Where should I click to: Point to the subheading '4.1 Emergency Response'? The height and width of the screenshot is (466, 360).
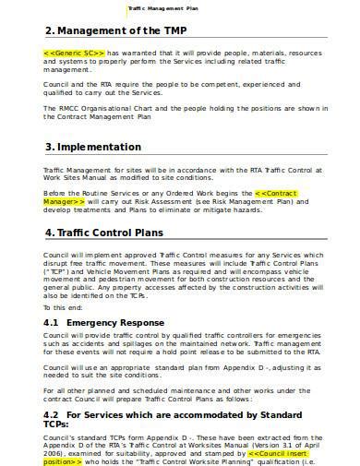(x=108, y=322)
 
